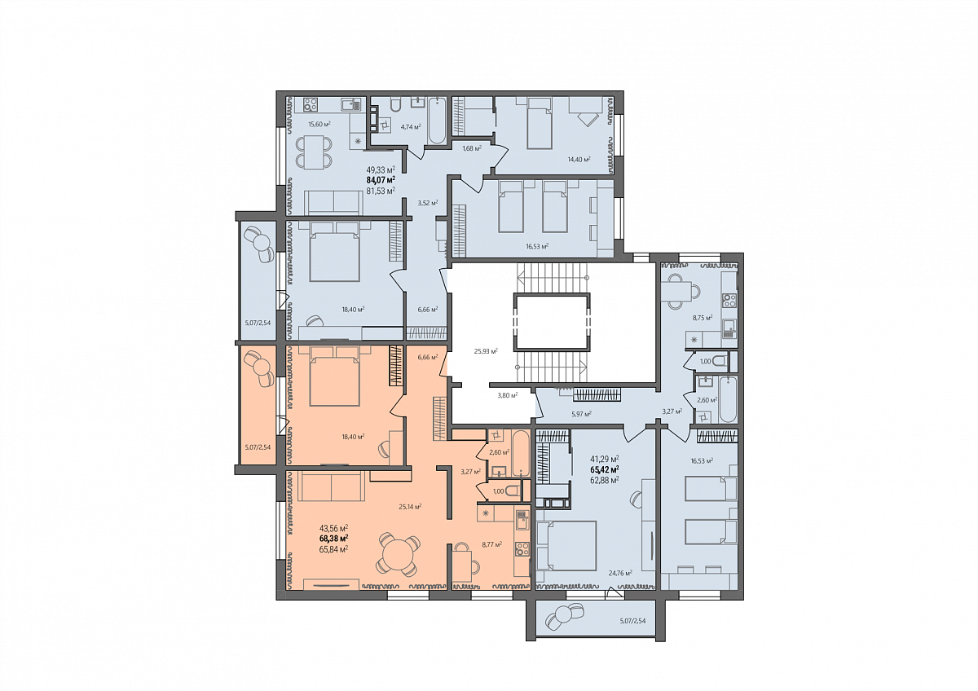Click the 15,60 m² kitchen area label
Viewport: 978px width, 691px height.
coord(319,124)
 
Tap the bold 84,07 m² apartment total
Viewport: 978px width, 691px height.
coord(381,179)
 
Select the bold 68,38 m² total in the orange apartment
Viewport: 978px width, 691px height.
coord(333,538)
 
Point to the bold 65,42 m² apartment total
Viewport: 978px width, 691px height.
coord(604,469)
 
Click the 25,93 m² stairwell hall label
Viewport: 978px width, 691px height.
coord(486,350)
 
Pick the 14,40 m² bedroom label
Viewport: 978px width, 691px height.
coord(579,160)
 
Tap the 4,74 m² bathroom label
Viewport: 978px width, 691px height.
coord(411,127)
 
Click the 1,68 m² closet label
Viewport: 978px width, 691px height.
coord(472,148)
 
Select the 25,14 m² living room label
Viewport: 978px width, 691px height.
coord(410,507)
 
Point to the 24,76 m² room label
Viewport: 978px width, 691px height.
coord(620,573)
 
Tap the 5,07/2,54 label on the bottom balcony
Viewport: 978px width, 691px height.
coord(632,621)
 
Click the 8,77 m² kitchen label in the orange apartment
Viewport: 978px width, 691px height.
coord(491,544)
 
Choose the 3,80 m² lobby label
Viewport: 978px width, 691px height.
coord(507,395)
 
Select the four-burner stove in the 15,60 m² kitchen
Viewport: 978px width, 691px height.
coord(311,105)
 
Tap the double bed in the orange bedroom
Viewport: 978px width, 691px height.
coord(334,376)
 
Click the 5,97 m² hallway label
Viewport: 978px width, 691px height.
coord(581,414)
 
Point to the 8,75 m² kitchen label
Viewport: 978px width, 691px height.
coord(703,318)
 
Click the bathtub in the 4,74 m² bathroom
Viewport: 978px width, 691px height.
coord(436,121)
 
